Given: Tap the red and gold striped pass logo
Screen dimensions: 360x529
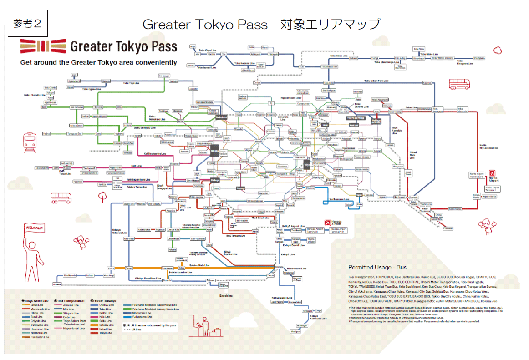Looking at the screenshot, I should pyautogui.click(x=43, y=46).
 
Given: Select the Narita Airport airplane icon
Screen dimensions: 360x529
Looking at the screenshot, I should pyautogui.click(x=492, y=173).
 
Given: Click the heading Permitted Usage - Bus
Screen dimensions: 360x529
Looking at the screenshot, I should pyautogui.click(x=377, y=267).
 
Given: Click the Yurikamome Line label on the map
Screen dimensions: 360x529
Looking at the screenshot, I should pyautogui.click(x=340, y=199).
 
